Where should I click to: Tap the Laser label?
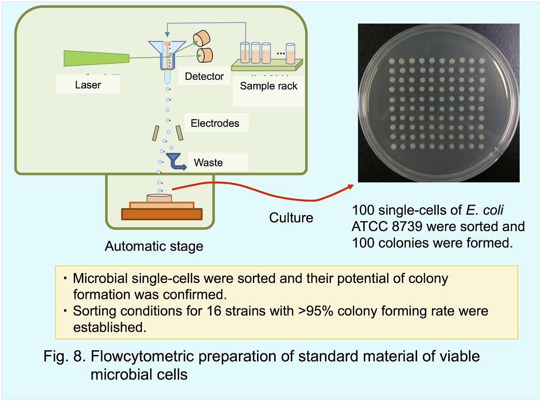click(88, 85)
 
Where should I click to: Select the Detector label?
click(204, 77)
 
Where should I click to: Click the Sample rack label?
click(268, 86)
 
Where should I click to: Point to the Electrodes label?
click(215, 123)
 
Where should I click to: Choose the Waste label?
click(208, 163)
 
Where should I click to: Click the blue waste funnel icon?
click(173, 159)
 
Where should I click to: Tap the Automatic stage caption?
click(154, 247)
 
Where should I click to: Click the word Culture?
click(291, 218)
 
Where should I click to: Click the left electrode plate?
click(155, 134)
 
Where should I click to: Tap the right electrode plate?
click(179, 133)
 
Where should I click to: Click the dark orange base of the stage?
click(161, 213)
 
